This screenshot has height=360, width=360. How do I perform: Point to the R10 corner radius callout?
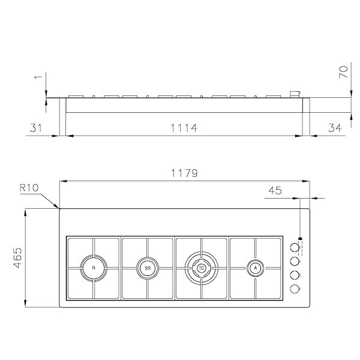[29, 188]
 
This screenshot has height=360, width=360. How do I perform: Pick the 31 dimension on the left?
[37, 128]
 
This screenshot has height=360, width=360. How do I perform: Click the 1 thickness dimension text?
[38, 77]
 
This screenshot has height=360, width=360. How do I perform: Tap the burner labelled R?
[93, 268]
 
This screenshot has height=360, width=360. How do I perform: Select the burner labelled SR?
[146, 268]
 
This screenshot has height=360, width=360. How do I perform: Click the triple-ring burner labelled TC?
[201, 268]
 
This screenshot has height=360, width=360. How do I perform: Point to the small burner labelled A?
[255, 268]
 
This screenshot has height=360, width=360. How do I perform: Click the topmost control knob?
[295, 247]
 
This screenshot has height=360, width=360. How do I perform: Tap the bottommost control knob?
[295, 289]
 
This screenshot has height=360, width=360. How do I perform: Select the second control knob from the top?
[295, 261]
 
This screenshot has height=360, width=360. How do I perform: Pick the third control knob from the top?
[295, 275]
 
